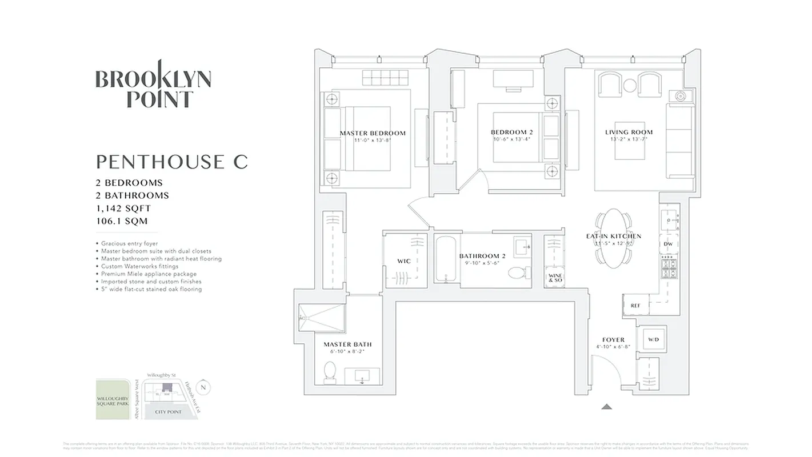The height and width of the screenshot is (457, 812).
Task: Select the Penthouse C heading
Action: [171, 162]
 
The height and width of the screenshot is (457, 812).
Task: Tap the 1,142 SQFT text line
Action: [123, 209]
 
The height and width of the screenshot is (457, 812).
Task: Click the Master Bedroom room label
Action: [373, 134]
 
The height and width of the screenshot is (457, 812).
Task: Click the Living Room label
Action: [629, 133]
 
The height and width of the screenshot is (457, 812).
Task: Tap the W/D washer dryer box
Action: [653, 340]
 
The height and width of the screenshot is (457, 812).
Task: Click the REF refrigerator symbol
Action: [635, 306]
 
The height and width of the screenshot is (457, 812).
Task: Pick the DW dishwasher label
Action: [668, 244]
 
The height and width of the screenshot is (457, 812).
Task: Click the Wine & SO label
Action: [555, 278]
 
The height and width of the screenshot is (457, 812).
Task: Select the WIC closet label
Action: [403, 261]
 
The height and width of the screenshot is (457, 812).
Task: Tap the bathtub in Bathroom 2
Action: [446, 260]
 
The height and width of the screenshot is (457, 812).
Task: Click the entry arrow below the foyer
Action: [607, 406]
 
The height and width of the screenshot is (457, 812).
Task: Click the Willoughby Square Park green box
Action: [113, 400]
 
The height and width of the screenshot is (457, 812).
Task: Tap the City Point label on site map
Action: [168, 411]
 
